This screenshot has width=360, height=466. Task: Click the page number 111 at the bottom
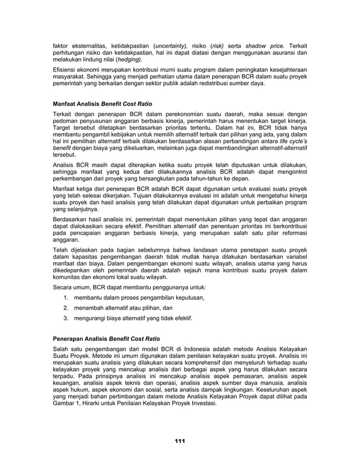tap(180, 441)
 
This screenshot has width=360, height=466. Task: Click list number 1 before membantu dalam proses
tap(66, 298)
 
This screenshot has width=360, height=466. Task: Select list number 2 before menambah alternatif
tap(66, 308)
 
